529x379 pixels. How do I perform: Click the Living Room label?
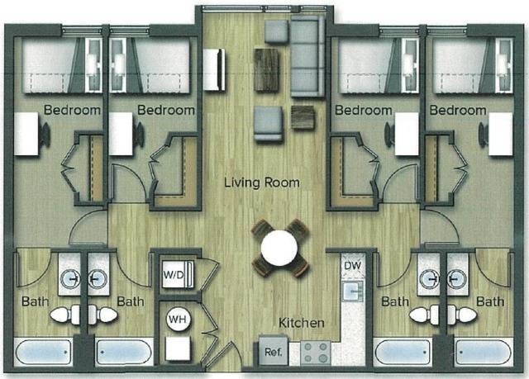pyautogui.click(x=261, y=182)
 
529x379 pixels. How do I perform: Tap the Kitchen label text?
pyautogui.click(x=301, y=322)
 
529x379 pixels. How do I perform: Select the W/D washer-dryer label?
pyautogui.click(x=173, y=274)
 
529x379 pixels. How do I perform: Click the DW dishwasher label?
pyautogui.click(x=352, y=265)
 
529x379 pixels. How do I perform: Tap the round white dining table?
pyautogui.click(x=279, y=247)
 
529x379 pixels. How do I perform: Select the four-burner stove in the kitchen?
pyautogui.click(x=315, y=353)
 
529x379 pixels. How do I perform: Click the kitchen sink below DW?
pyautogui.click(x=355, y=291)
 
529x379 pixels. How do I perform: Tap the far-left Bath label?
pyautogui.click(x=36, y=301)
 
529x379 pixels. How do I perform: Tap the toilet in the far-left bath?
pyautogui.click(x=65, y=315)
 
